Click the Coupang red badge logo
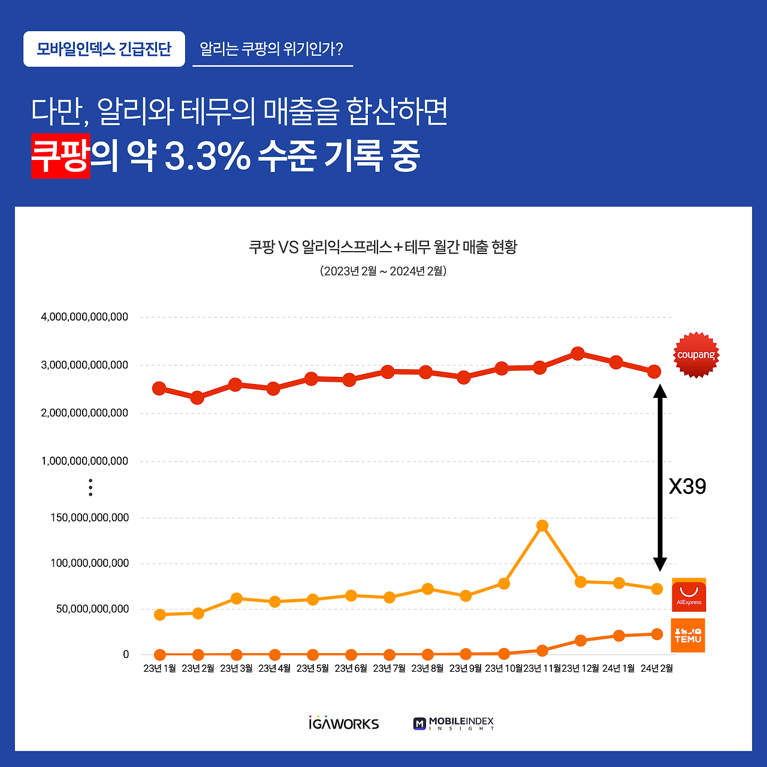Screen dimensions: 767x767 pos(696,355)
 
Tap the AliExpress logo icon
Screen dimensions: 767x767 pos(689,595)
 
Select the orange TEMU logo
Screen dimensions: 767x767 pos(688,635)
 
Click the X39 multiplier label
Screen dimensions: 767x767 pos(687,486)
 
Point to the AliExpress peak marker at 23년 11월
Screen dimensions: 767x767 pos(542,526)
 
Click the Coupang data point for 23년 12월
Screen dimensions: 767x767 pos(578,354)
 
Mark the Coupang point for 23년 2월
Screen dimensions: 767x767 pos(197,398)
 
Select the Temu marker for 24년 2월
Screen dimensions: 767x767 pos(657,634)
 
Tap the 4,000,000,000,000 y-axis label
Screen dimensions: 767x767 pos(84,317)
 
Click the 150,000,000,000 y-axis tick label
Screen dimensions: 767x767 pos(90,518)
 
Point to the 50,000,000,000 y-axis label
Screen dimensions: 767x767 pos(92,609)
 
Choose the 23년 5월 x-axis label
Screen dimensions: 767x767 pos(312,668)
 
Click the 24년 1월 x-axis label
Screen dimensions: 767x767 pos(618,668)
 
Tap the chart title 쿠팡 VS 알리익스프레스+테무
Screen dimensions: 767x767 pos(383,247)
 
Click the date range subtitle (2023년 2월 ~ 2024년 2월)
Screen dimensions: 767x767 pos(383,271)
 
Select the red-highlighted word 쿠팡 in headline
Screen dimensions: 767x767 pos(61,156)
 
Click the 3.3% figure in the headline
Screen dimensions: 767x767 pos(207,156)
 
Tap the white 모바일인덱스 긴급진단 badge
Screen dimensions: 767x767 pos(104,49)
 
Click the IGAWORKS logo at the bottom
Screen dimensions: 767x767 pos(344,723)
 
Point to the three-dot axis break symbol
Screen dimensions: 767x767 pos(90,487)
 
